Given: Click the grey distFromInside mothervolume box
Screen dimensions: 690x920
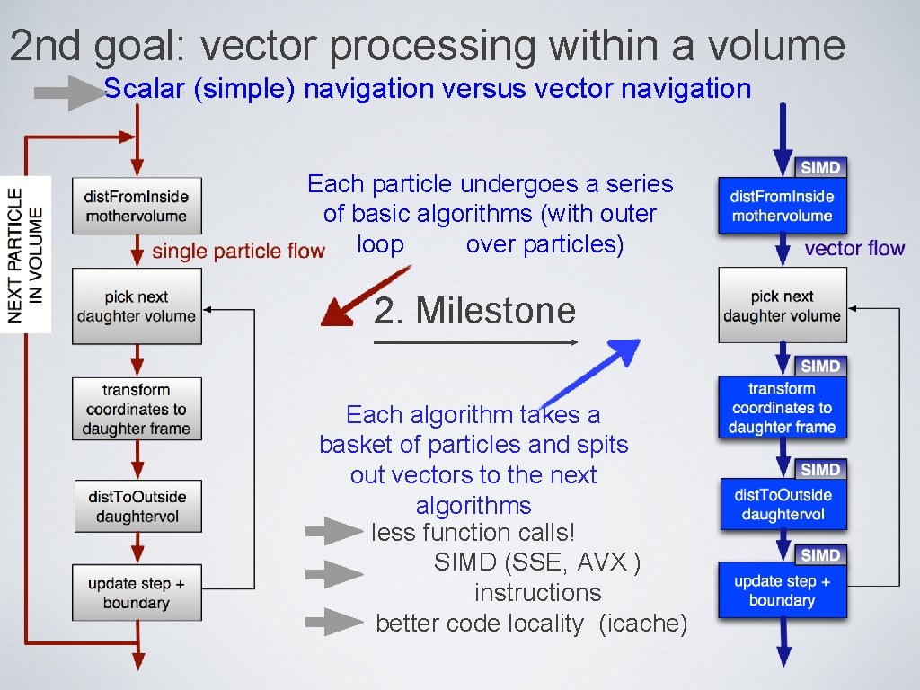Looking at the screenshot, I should tap(137, 206).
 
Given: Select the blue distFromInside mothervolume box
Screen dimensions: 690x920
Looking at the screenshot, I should tap(782, 206).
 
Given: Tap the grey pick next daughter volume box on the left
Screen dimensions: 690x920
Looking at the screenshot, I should tap(137, 306).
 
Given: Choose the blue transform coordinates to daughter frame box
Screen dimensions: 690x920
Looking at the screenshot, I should tap(782, 408).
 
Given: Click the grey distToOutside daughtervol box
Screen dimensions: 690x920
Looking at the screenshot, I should tap(137, 506).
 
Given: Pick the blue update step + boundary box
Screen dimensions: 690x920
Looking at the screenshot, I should tap(782, 590).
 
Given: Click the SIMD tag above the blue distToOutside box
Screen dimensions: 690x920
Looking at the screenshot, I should tap(819, 470).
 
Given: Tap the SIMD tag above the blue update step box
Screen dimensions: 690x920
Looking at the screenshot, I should tap(819, 555).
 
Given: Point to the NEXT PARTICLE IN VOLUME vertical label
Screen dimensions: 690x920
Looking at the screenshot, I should tap(26, 254).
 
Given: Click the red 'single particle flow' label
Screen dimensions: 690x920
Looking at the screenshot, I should tap(238, 251).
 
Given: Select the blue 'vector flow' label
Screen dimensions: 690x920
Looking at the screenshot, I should tap(854, 248).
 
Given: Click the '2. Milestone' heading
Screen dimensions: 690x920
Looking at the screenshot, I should tap(474, 311).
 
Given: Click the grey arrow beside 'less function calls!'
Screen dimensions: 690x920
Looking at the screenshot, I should tap(333, 532).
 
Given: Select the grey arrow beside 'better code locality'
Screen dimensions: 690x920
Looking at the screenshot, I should tap(333, 622).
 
